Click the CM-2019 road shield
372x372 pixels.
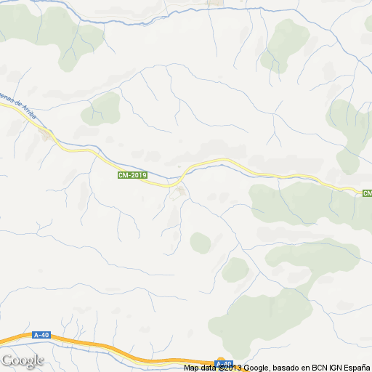point(132,175)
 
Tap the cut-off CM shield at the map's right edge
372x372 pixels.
point(367,193)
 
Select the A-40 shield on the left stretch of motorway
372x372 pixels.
point(41,335)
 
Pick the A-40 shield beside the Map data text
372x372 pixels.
point(224,363)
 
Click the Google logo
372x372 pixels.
point(23,360)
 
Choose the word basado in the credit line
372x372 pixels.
point(280,368)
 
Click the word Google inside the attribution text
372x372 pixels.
point(255,368)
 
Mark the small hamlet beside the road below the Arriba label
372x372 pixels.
point(47,135)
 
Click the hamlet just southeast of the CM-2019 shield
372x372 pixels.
point(177,193)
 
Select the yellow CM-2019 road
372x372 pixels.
point(218,161)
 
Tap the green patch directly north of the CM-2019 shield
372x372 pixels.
point(103,108)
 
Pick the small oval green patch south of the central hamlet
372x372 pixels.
point(200,242)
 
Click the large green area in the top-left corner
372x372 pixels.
point(44,33)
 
